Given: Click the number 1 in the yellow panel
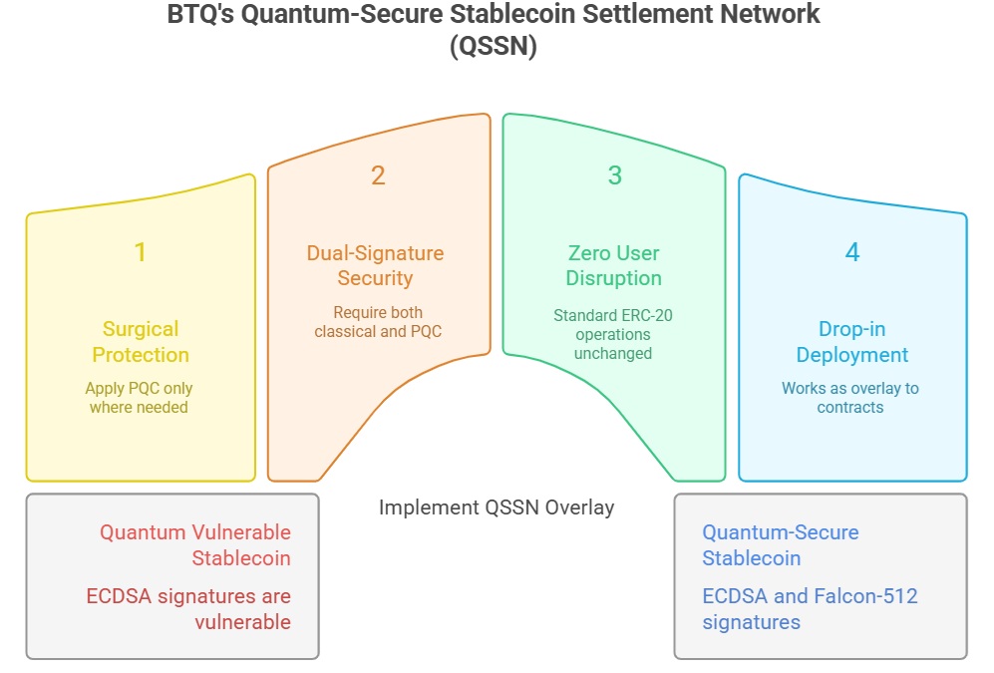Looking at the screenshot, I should coord(141,252).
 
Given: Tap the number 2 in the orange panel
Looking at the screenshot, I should coord(378,175).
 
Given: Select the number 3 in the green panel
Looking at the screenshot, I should coord(614,175).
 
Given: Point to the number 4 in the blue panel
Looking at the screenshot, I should coord(852,252).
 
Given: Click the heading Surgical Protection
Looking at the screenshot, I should coord(141,342).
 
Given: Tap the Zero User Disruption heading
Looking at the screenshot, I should coord(613,265).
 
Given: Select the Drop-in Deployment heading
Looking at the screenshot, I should coord(852,342).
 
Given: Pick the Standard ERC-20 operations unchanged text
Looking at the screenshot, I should coord(613,334).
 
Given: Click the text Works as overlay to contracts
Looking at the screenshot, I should coord(850,397).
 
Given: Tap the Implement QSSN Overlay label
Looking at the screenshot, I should coord(497,506).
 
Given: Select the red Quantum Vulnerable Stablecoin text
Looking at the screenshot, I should coord(195,544).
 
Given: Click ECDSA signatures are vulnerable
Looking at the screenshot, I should coord(188,609).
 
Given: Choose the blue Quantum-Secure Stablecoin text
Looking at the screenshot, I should coord(780,544).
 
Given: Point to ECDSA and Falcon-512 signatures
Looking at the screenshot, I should coord(810,609).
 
